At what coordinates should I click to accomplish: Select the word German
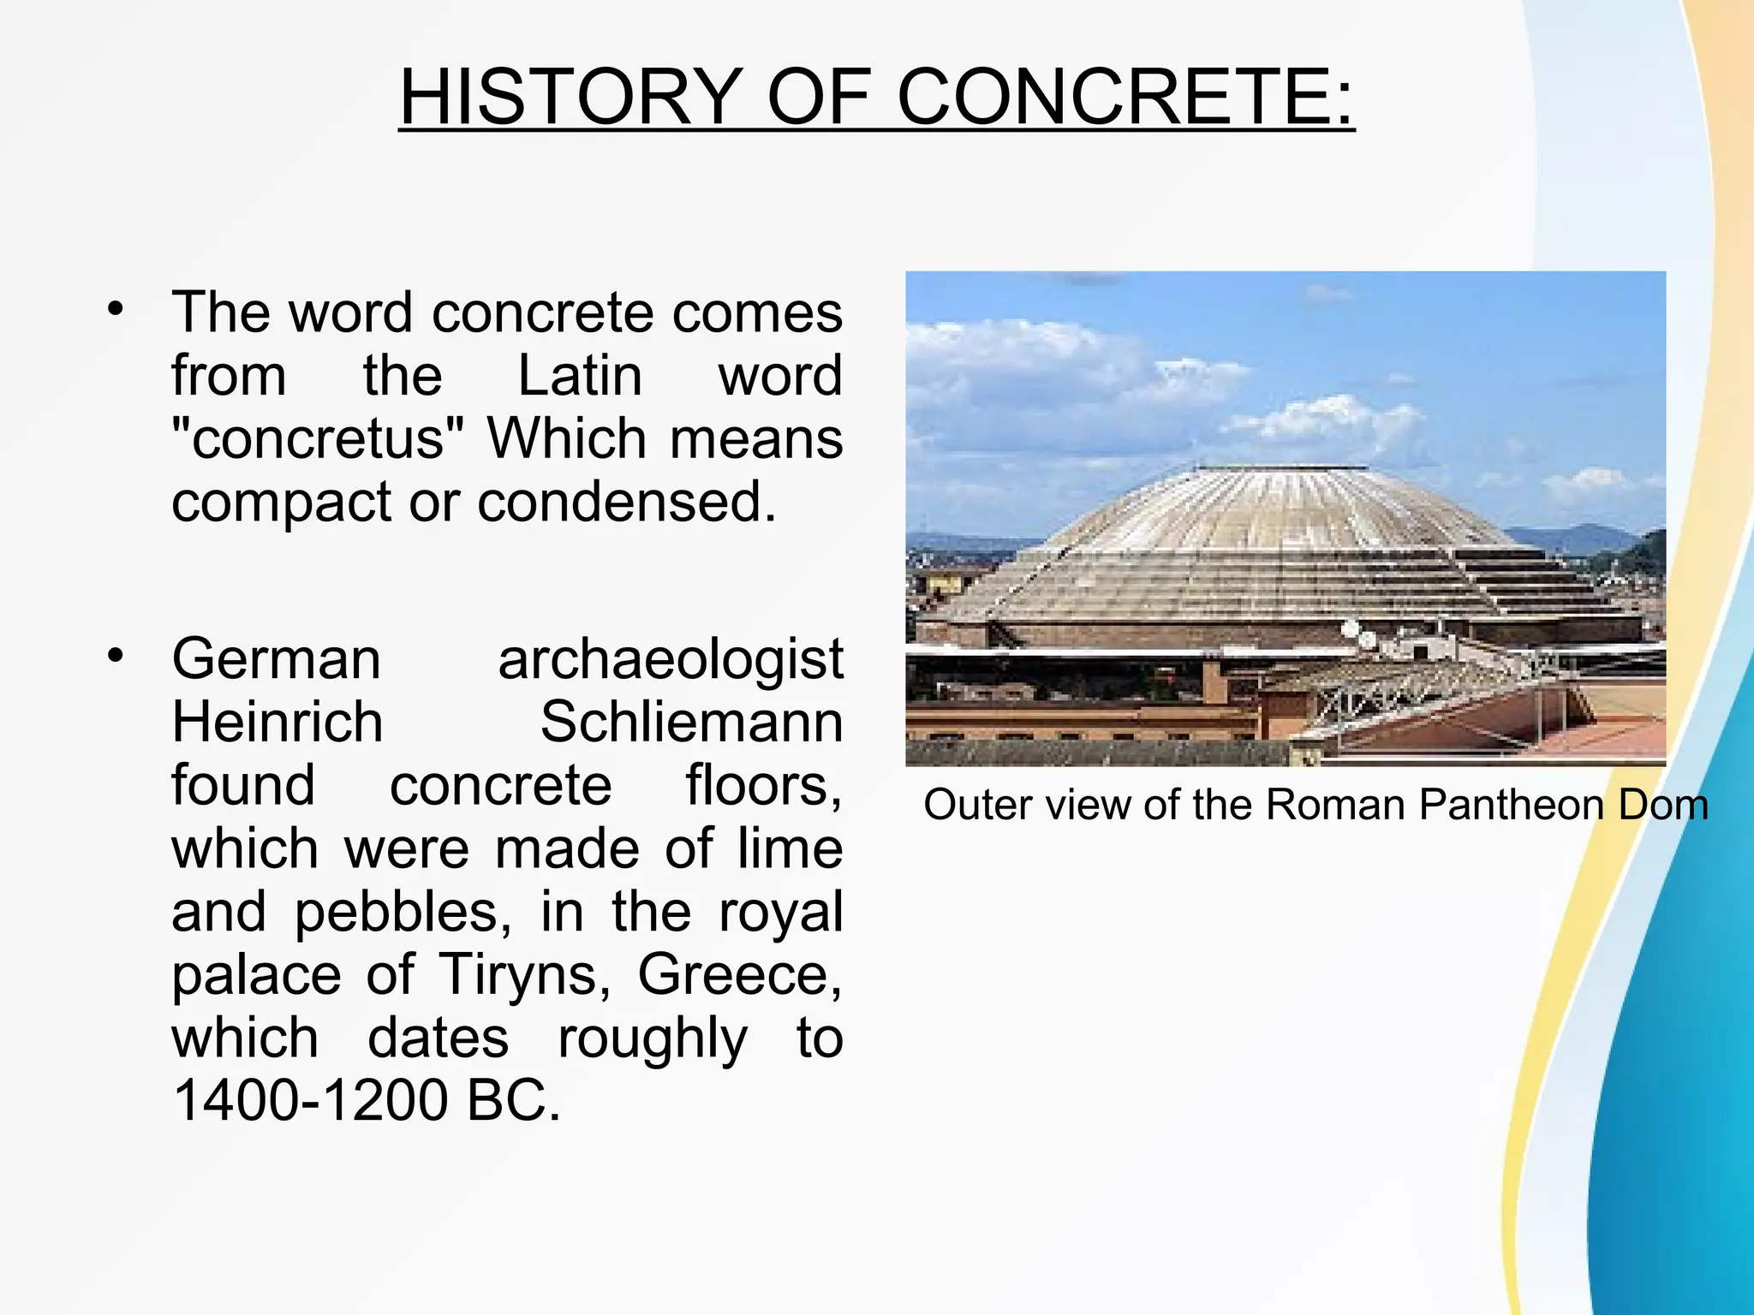pos(276,659)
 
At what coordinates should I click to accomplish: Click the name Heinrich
pos(277,723)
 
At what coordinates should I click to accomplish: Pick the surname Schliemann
pos(691,723)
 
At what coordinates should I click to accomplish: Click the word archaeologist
pos(671,659)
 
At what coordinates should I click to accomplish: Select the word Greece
pos(739,974)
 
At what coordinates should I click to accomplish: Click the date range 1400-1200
pos(309,1100)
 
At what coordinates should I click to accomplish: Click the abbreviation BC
pos(513,1100)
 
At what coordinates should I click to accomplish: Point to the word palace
pos(256,974)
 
